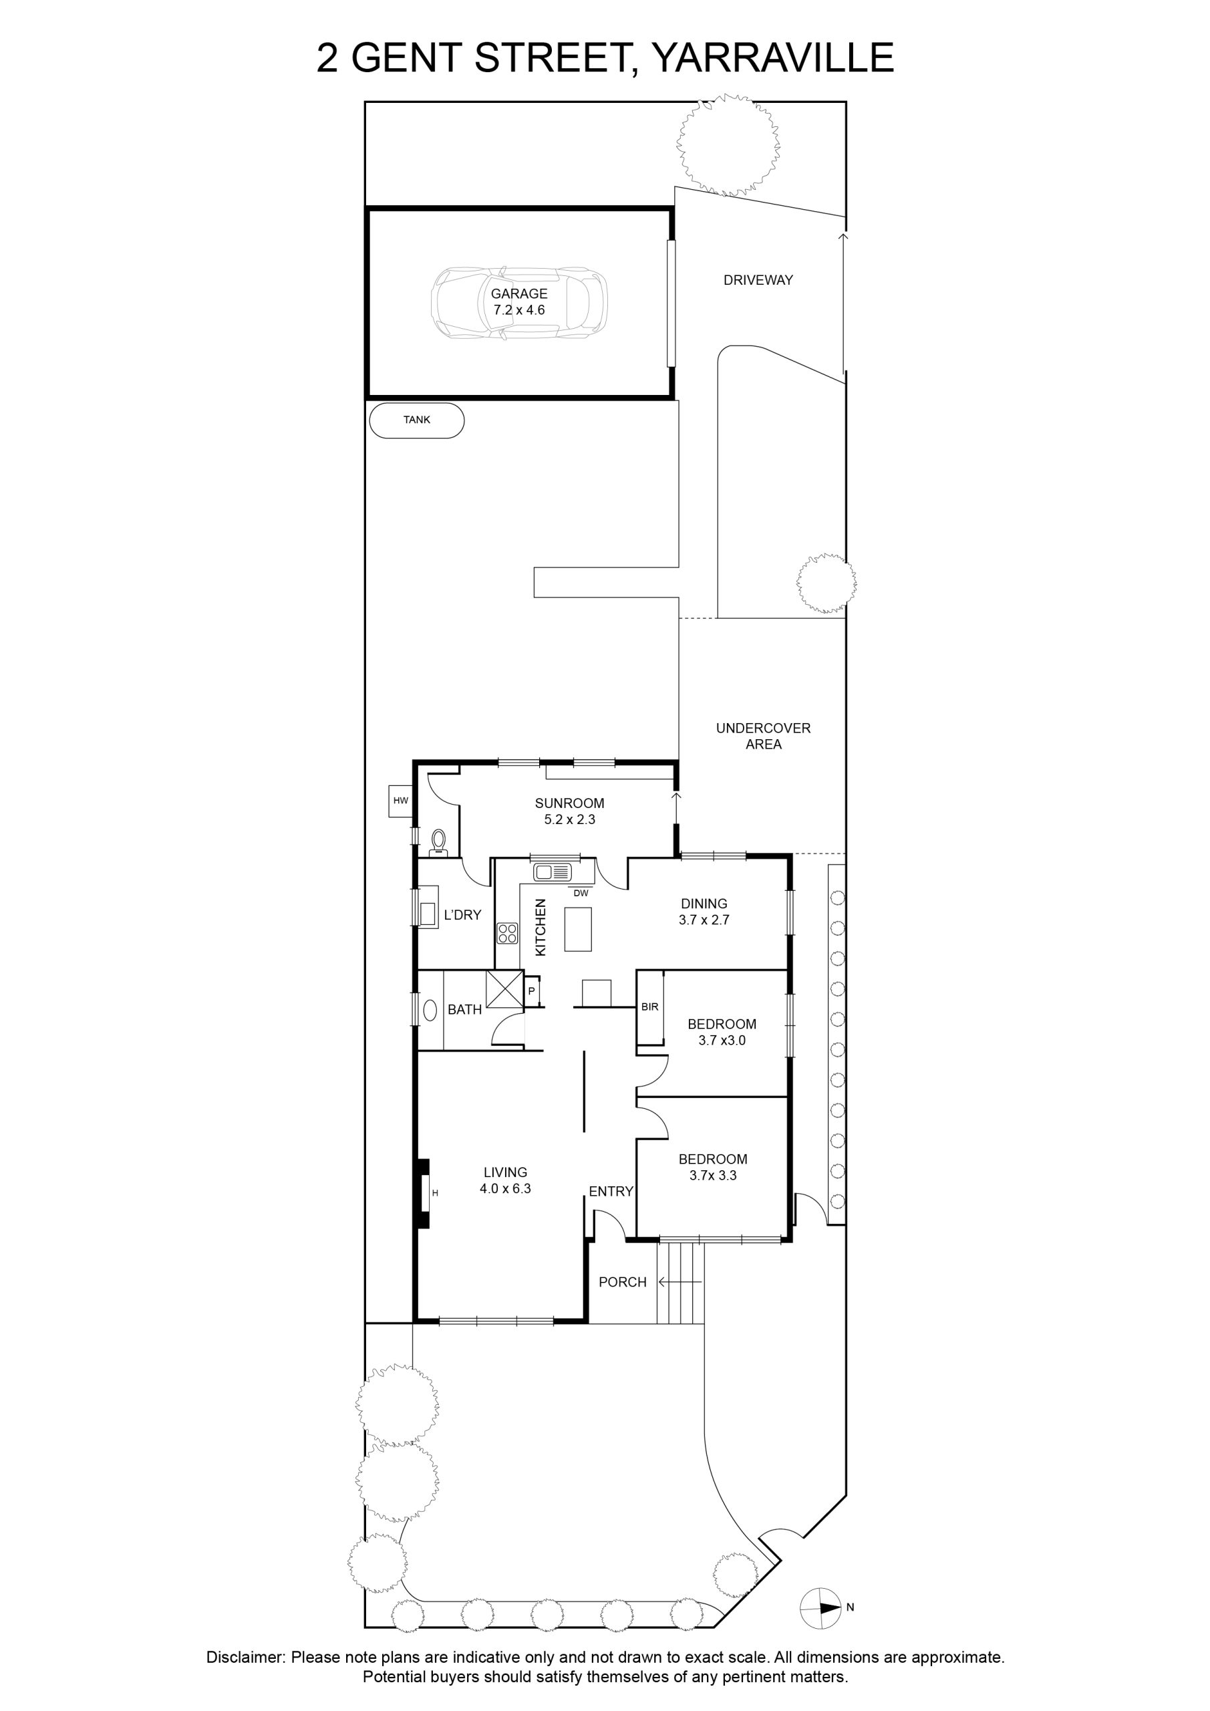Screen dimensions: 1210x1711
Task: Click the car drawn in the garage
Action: click(x=518, y=303)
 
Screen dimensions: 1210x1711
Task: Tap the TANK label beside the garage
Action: click(x=416, y=420)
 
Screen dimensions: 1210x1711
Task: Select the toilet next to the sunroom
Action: click(x=438, y=843)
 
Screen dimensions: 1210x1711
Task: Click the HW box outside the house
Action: click(x=401, y=801)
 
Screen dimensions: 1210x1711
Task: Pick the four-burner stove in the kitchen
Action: click(x=508, y=933)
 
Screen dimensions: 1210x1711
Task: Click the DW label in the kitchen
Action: click(x=581, y=893)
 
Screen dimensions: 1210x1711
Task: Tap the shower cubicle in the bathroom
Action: click(x=505, y=990)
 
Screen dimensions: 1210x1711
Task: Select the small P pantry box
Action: click(x=531, y=991)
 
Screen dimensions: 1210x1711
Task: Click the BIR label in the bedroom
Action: click(x=649, y=1007)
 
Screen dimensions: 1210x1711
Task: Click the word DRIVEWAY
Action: click(x=758, y=280)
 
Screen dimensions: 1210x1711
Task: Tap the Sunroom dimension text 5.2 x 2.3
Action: click(x=569, y=819)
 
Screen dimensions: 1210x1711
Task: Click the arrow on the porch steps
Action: click(x=680, y=1282)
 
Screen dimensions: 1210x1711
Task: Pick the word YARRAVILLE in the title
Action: click(x=772, y=57)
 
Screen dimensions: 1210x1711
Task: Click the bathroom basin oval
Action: click(x=430, y=1011)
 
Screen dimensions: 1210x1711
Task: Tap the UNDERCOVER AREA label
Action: click(x=763, y=735)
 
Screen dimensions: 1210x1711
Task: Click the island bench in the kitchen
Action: click(x=578, y=928)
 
